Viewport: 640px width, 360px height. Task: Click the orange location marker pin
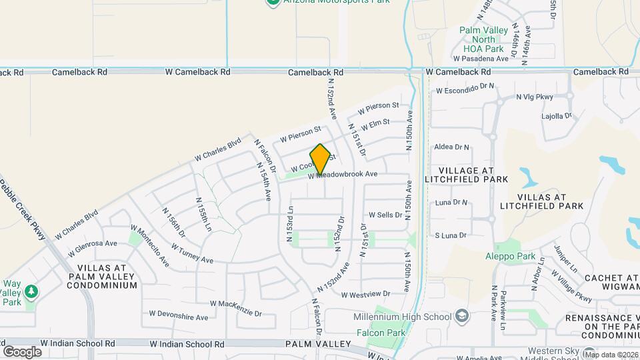(320, 159)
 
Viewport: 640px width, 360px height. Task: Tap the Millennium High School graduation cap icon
(461, 315)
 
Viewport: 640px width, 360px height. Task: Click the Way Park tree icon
(30, 291)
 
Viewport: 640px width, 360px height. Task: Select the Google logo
(22, 351)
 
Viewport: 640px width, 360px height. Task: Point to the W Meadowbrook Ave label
(343, 174)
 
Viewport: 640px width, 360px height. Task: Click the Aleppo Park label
(510, 256)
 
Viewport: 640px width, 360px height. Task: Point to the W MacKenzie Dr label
(237, 303)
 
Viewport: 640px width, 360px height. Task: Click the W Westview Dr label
(365, 294)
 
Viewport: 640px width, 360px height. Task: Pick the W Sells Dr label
(385, 215)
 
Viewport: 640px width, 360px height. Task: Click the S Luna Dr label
(450, 235)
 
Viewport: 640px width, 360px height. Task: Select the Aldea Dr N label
(451, 147)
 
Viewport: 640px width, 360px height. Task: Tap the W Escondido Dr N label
(465, 87)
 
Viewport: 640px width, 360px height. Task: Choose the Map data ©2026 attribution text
(611, 355)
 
